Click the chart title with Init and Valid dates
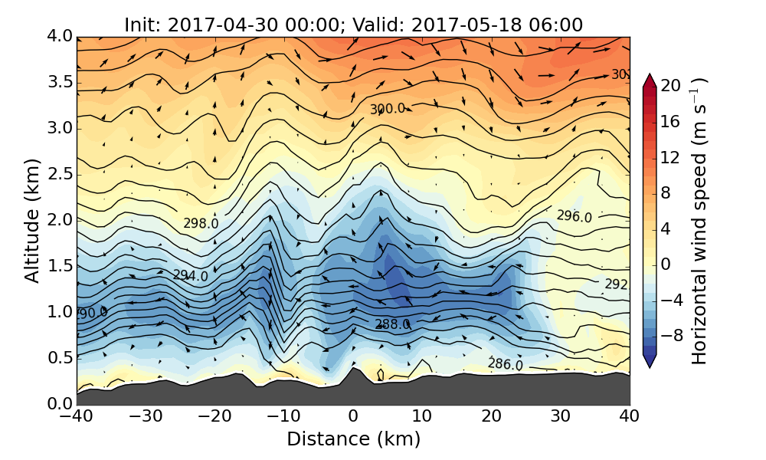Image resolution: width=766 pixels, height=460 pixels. (x=353, y=25)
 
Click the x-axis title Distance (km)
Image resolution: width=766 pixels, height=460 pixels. (x=353, y=439)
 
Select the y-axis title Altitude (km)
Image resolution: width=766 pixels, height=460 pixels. (x=32, y=220)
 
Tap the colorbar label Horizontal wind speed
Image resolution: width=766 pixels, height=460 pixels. (x=699, y=221)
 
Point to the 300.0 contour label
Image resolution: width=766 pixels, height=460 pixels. (x=387, y=110)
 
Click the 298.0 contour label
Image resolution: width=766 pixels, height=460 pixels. (x=201, y=223)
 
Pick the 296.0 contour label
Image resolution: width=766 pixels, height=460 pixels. (x=574, y=217)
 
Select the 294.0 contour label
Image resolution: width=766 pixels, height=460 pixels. (x=190, y=275)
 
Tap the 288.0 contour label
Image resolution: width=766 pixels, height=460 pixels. (x=392, y=324)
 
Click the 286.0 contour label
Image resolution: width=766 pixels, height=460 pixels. (x=505, y=364)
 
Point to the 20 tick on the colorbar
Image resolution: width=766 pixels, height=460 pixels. (x=671, y=86)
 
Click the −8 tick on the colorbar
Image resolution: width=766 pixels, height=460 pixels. (x=671, y=335)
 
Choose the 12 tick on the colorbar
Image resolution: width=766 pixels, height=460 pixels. (x=671, y=157)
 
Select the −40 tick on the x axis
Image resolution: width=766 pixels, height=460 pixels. (x=77, y=416)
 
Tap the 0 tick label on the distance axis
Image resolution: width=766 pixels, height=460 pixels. (x=353, y=416)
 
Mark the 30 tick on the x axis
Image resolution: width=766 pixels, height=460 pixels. (x=560, y=416)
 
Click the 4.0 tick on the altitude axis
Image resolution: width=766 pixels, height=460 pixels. (x=61, y=36)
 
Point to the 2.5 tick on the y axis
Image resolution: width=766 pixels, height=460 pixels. (x=61, y=174)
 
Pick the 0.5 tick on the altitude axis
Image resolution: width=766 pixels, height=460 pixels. (x=61, y=358)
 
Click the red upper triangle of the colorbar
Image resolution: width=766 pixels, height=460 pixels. (x=649, y=80)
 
